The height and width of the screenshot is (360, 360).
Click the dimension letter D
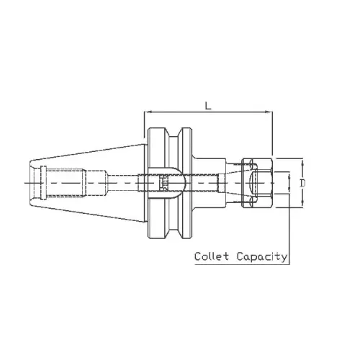(302, 184)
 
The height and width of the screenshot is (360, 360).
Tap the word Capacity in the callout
(265, 257)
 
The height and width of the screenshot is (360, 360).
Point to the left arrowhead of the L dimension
(148, 112)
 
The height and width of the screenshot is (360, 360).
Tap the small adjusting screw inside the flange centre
(163, 184)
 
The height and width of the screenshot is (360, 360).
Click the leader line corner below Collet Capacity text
(288, 263)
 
